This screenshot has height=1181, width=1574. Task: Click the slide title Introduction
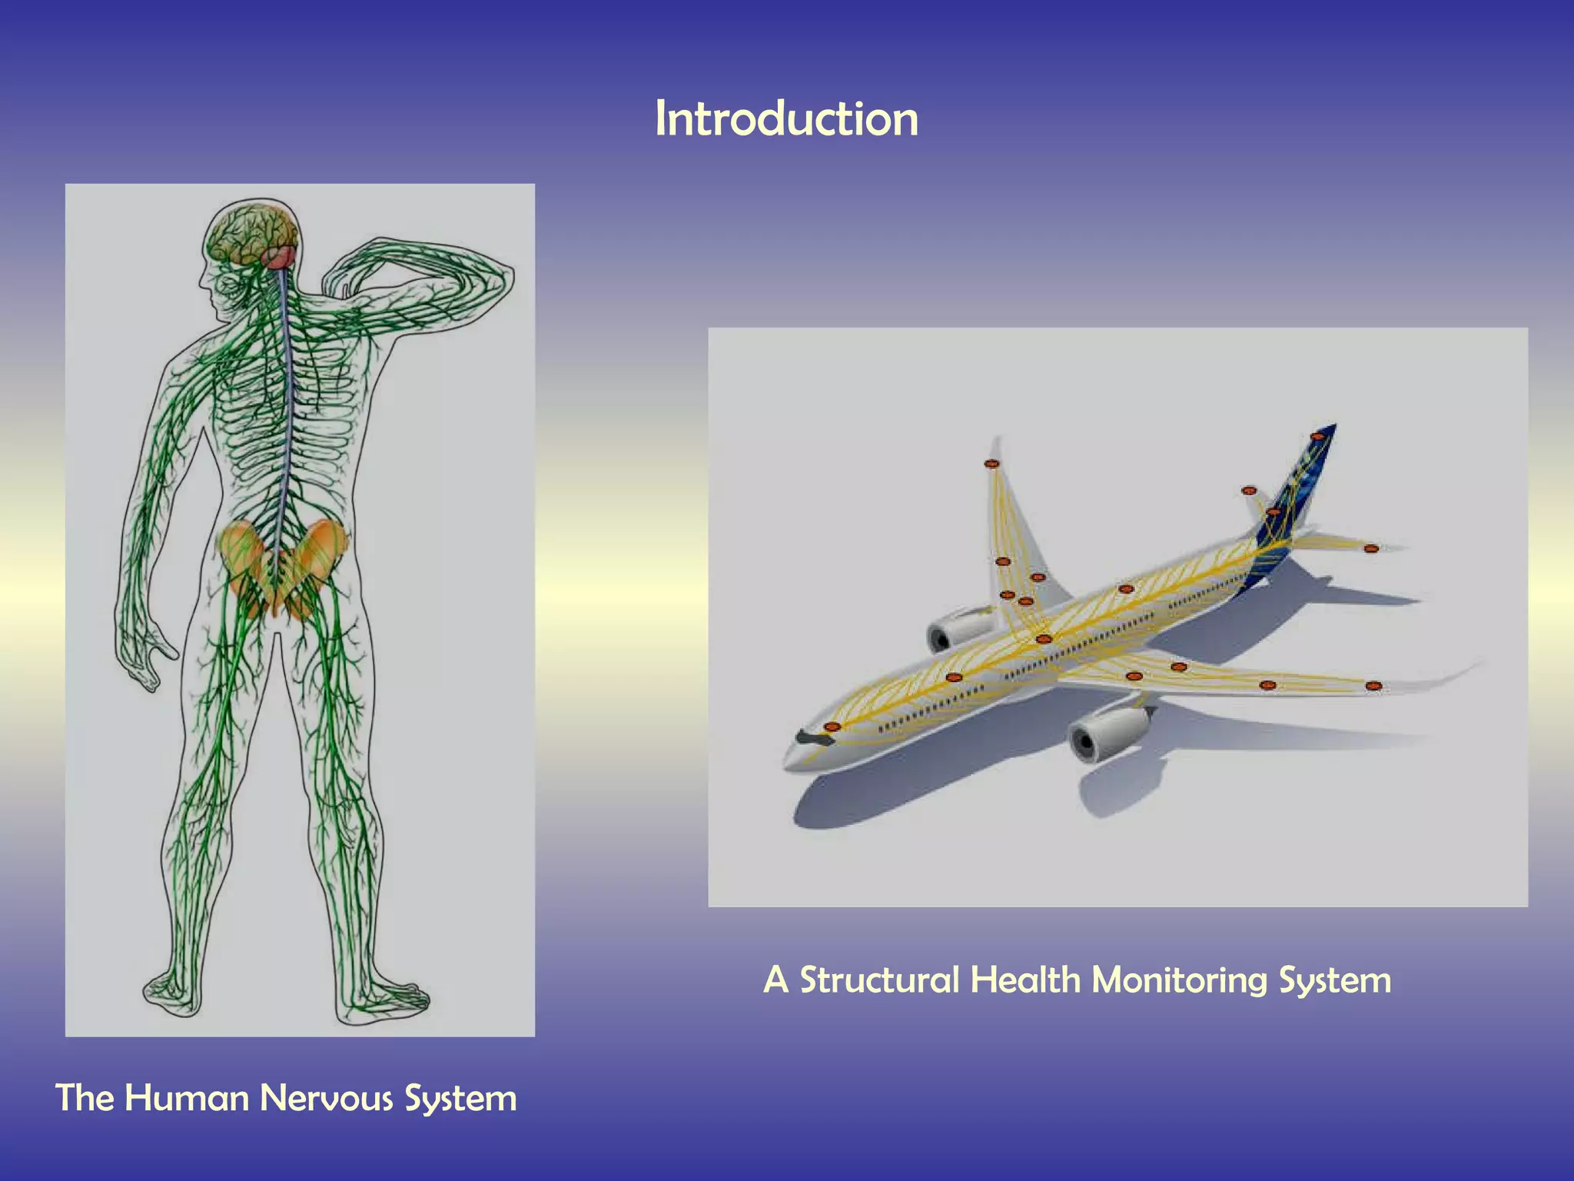point(786,120)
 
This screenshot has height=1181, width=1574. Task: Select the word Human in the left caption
point(186,1098)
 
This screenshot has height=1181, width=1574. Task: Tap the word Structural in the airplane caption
point(879,980)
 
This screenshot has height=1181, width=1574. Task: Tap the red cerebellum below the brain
point(281,257)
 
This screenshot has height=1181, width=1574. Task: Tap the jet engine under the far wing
point(957,629)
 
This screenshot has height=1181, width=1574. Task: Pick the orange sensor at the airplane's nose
point(831,727)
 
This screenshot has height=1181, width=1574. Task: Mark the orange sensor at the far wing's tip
point(991,464)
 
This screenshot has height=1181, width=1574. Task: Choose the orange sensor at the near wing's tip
point(1373,686)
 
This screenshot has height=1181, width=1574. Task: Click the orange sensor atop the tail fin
point(1317,437)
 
